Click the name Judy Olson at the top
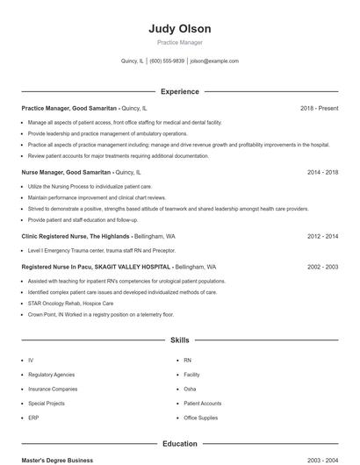click(x=180, y=29)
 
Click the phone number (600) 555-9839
click(x=167, y=61)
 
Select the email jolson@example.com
click(x=214, y=61)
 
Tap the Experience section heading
click(x=180, y=91)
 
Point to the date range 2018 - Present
click(x=319, y=108)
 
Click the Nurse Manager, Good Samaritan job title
click(x=66, y=173)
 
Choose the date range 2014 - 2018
click(x=322, y=173)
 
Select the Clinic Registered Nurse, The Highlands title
click(x=75, y=237)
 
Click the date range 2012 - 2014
click(x=322, y=237)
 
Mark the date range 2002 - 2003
click(x=322, y=267)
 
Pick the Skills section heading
click(x=180, y=340)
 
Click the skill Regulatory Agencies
click(x=51, y=375)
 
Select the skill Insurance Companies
click(x=53, y=389)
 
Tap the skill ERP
click(x=32, y=418)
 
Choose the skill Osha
click(x=190, y=389)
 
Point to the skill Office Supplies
click(x=200, y=418)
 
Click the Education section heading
click(x=180, y=444)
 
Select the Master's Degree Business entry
click(x=57, y=460)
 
